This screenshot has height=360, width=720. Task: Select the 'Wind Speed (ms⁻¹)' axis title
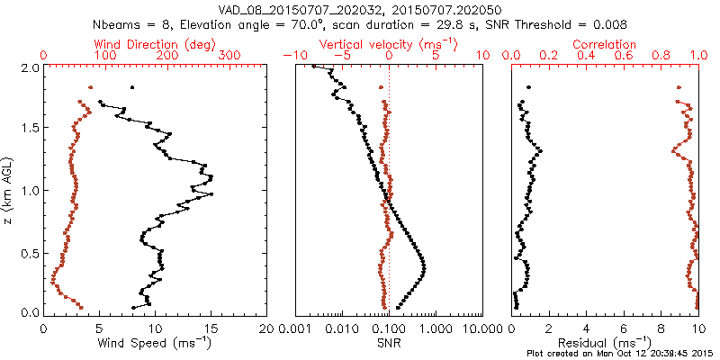(x=155, y=342)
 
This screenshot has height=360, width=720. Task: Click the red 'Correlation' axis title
(x=605, y=44)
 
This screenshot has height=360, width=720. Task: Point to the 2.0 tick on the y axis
(x=29, y=67)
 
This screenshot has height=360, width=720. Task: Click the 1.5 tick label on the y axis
(x=29, y=129)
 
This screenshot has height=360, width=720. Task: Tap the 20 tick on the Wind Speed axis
(x=265, y=328)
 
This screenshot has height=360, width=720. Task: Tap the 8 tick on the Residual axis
(x=661, y=328)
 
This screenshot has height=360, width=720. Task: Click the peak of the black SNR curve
(x=424, y=268)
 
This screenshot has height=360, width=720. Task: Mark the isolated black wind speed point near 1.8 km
(x=132, y=87)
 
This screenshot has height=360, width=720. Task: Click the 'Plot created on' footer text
(x=620, y=353)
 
